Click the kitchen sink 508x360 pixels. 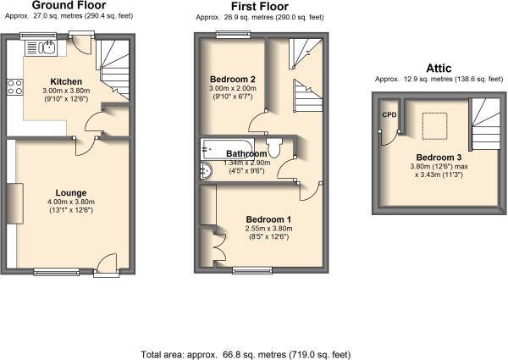click(41, 48)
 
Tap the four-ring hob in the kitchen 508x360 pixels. click(15, 87)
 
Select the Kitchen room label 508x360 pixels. click(66, 81)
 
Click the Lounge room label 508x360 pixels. click(71, 193)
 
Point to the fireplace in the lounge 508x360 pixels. click(15, 203)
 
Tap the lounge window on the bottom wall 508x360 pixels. click(57, 272)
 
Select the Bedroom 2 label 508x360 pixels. click(233, 79)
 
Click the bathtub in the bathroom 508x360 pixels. click(227, 149)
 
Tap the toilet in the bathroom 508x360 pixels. click(274, 147)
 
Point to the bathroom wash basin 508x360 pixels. click(206, 170)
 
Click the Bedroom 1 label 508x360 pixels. click(268, 219)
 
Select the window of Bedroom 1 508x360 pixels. click(252, 270)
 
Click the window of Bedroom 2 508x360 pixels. click(234, 34)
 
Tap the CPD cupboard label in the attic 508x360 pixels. click(389, 114)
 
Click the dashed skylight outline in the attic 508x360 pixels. click(435, 126)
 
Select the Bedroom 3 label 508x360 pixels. click(439, 158)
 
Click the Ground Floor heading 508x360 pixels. click(69, 5)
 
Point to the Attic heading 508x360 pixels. click(439, 69)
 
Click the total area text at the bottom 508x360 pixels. click(246, 354)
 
